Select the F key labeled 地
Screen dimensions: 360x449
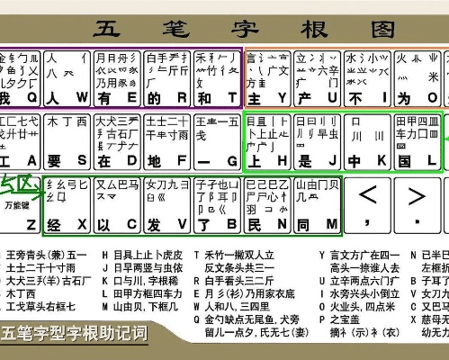(166, 141)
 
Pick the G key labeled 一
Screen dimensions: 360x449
(216, 141)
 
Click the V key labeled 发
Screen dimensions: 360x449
(166, 205)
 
